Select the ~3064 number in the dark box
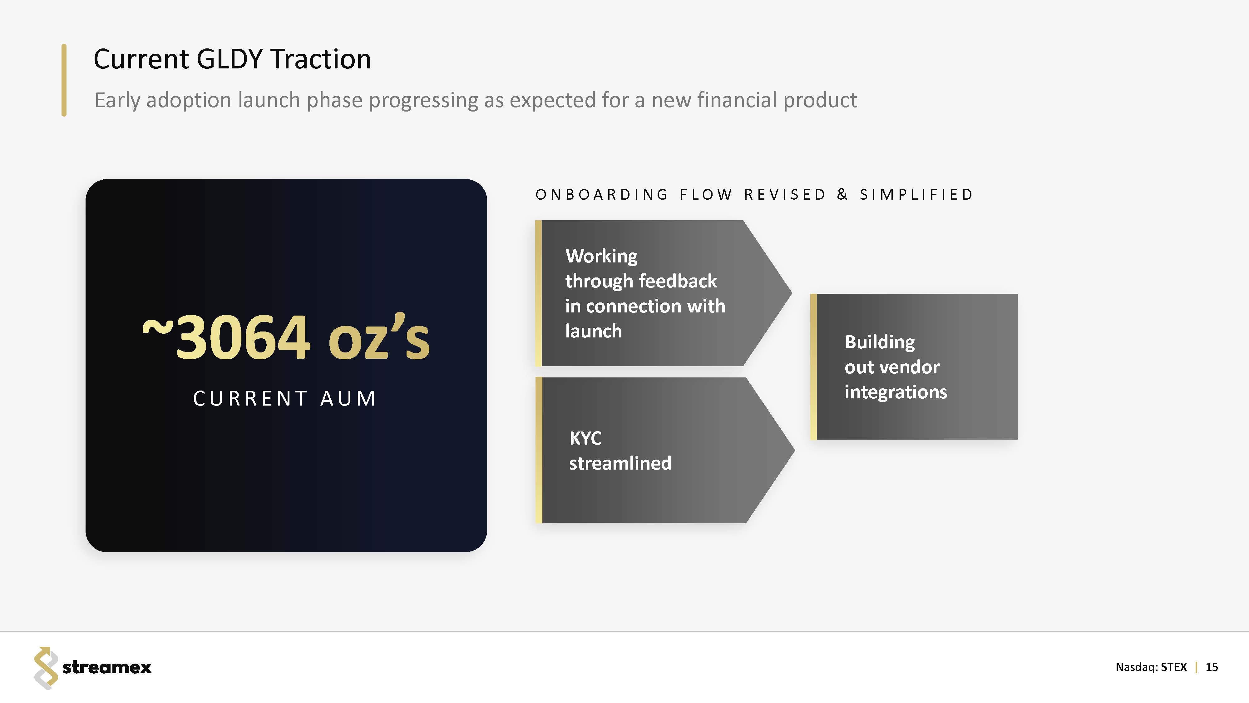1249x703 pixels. click(226, 337)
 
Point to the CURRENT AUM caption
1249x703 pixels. click(284, 399)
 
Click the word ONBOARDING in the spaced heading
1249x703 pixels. click(602, 195)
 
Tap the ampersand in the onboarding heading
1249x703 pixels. click(843, 195)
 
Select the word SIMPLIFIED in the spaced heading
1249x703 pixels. click(916, 195)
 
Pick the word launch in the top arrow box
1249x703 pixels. click(594, 332)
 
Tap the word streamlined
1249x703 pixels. click(620, 463)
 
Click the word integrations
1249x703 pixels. click(896, 392)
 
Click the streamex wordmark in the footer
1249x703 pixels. click(107, 668)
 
